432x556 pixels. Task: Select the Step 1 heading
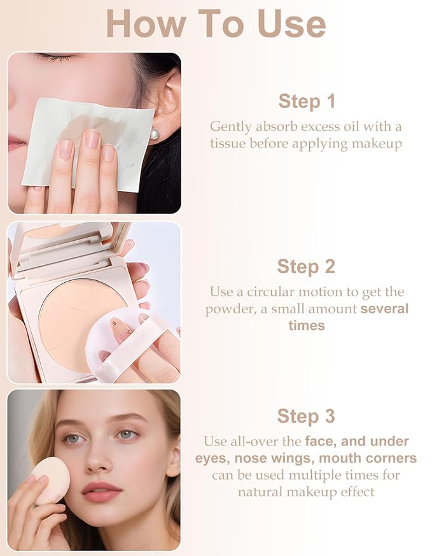coord(306,101)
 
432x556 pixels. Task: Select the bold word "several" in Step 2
coord(384,309)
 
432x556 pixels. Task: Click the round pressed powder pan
coord(70,324)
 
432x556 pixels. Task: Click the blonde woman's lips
coord(101,491)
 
